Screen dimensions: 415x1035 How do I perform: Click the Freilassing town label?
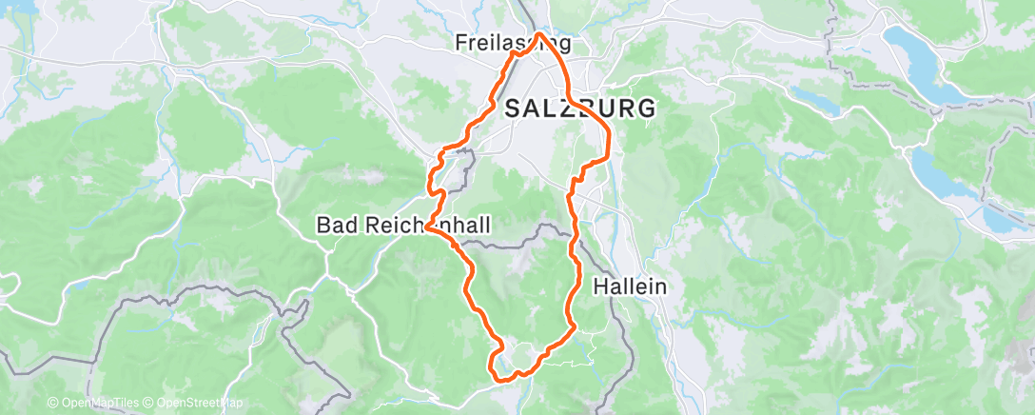tap(514, 43)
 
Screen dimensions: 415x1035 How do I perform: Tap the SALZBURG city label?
tap(580, 109)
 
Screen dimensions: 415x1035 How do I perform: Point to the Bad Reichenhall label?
tap(403, 226)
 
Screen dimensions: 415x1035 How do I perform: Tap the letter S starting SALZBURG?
tap(513, 109)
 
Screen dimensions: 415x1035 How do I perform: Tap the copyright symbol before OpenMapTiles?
tap(53, 404)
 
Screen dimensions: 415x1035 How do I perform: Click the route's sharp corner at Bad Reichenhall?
tap(430, 227)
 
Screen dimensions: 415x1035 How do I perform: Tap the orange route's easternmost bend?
tap(609, 133)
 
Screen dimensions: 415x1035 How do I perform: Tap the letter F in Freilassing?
tap(461, 43)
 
